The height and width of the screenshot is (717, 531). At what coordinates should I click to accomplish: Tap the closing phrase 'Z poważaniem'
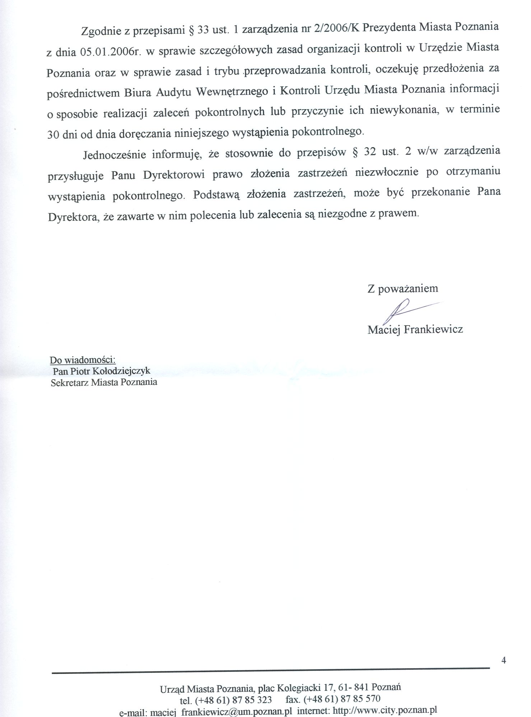(402, 288)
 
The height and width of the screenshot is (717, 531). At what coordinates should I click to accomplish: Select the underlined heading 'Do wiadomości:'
(82, 360)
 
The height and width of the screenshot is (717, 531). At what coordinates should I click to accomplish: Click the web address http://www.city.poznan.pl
(385, 710)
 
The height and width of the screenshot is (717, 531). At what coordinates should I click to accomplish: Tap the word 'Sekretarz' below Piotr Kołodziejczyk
(70, 382)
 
